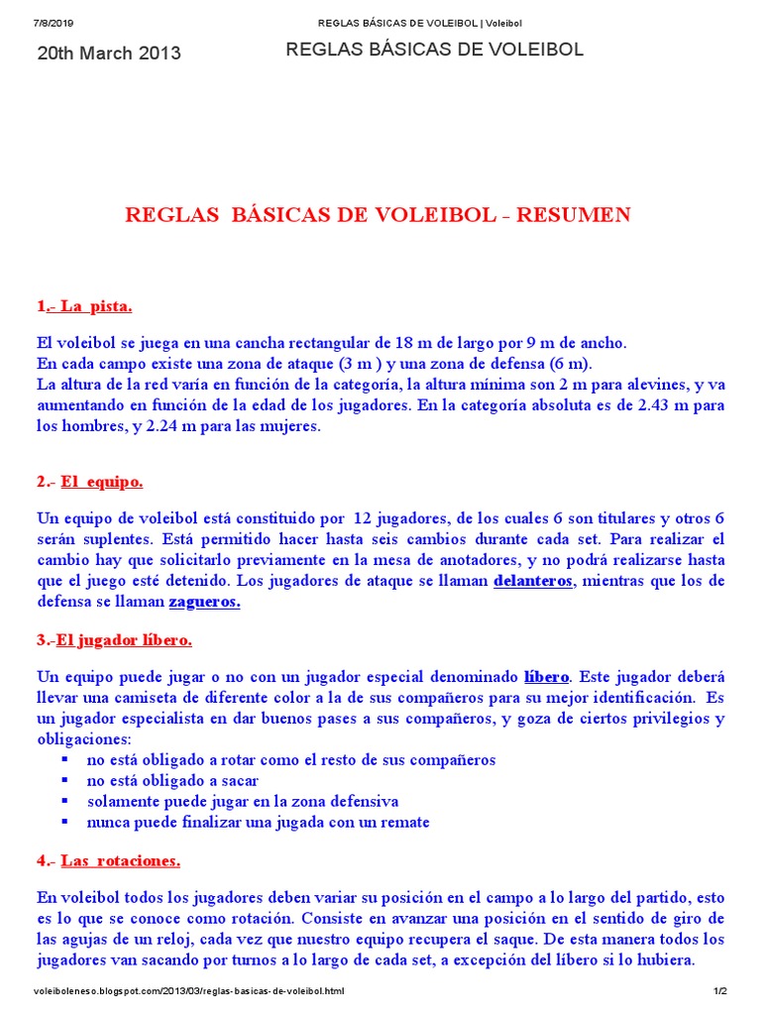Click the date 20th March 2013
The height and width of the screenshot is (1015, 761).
click(x=109, y=54)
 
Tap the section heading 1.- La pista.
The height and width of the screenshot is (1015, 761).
click(x=84, y=305)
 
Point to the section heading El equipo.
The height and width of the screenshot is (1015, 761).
click(x=101, y=482)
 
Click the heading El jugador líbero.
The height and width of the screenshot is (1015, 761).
click(x=124, y=640)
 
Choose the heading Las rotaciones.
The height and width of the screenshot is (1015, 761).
click(x=120, y=860)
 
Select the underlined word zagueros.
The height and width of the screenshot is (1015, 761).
click(x=205, y=602)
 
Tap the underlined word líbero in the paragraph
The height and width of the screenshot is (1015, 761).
click(x=546, y=677)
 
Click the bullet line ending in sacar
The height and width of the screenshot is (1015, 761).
click(x=172, y=780)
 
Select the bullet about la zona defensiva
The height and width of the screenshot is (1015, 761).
click(x=243, y=801)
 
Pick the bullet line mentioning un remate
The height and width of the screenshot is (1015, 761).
click(x=258, y=822)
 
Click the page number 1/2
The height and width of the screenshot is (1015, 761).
click(x=720, y=991)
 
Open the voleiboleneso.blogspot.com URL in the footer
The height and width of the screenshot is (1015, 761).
click(x=189, y=991)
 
